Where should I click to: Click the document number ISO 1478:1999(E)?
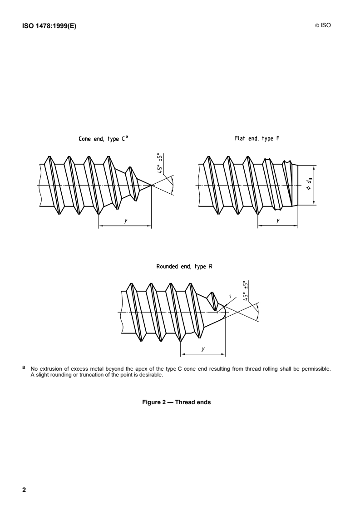(x=49, y=26)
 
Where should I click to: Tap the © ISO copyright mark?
(x=323, y=25)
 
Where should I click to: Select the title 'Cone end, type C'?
(x=101, y=139)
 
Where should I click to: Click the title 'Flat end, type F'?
(x=257, y=139)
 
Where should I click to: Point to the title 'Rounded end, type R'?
(x=184, y=266)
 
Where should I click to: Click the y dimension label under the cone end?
(x=126, y=221)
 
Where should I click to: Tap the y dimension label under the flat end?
(x=278, y=221)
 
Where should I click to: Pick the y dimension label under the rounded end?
(x=203, y=349)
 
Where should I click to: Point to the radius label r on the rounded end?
(x=230, y=296)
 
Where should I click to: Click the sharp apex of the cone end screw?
(x=151, y=186)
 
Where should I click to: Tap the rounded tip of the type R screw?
(x=225, y=312)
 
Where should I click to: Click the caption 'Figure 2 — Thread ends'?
(x=177, y=402)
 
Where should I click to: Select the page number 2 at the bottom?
(x=24, y=490)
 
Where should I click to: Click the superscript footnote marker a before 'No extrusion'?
(x=24, y=367)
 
